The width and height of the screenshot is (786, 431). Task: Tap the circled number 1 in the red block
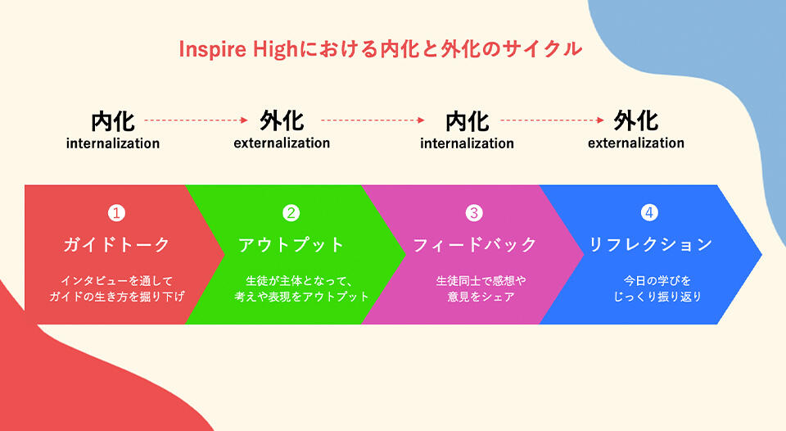point(117,213)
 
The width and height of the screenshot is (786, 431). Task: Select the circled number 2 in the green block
point(291,213)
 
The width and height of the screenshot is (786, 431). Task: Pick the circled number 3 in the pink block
point(474,213)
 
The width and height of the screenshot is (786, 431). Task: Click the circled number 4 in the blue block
point(649,213)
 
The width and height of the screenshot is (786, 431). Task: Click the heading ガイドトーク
point(117,244)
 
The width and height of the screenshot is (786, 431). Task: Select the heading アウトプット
point(291,244)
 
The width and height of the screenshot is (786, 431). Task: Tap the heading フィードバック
point(474,244)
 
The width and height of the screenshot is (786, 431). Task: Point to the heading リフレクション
point(650,244)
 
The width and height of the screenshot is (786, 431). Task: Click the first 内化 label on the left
point(113,121)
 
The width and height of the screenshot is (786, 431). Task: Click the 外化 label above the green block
point(282,121)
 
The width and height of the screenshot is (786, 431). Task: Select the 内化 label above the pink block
point(467,121)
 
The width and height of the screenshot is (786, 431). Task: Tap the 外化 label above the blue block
point(635,121)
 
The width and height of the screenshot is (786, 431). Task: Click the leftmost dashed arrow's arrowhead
point(243,120)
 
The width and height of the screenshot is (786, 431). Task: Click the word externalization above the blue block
point(635,143)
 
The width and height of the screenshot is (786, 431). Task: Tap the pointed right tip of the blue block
point(760,254)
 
